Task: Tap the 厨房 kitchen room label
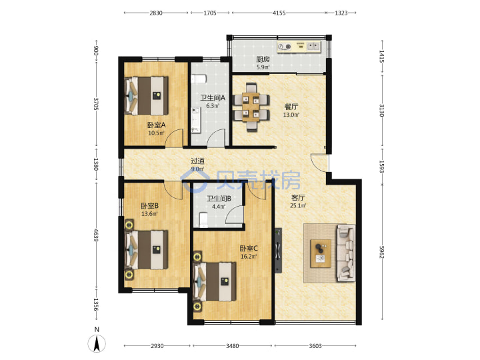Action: coord(263,59)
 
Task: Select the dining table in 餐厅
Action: coord(251,107)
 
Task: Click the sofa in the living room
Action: coord(346,253)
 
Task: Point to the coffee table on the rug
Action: coord(321,253)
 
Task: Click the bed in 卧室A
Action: coord(146,96)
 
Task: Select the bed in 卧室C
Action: coord(215,281)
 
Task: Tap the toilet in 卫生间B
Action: coord(203,219)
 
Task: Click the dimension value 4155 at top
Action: coord(279,13)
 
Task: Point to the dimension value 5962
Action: coord(381,252)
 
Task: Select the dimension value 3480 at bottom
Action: coord(233,346)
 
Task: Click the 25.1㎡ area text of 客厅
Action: coord(298,206)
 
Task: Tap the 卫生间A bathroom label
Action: coord(213,98)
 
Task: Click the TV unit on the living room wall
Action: coord(278,250)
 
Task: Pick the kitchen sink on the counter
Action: coord(313,46)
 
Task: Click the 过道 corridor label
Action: coord(197,161)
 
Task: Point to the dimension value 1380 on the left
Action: coord(96,165)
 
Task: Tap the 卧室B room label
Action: coord(150,206)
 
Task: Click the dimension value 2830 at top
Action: coord(156,13)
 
